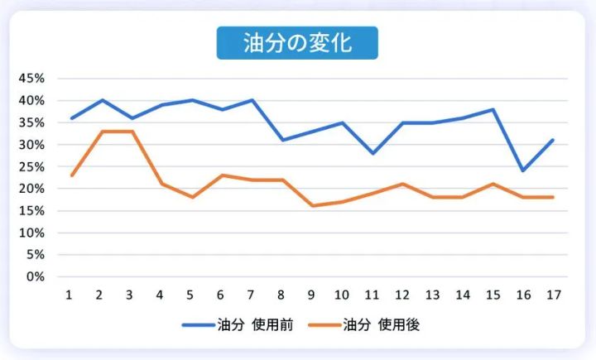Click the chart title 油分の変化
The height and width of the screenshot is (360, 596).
297,43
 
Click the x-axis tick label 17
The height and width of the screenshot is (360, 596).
552,295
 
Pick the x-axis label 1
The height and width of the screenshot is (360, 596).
71,295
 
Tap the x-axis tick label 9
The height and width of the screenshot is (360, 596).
312,295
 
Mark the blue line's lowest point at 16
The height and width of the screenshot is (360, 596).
522,170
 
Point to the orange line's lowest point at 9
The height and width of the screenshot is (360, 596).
312,206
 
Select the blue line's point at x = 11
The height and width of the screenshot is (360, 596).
372,153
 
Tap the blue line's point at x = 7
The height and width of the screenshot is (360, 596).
252,100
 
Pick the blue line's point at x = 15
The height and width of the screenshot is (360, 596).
493,109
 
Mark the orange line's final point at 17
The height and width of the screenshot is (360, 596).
552,197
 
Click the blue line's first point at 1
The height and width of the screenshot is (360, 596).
71,118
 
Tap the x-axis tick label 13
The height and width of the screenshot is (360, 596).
432,295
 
